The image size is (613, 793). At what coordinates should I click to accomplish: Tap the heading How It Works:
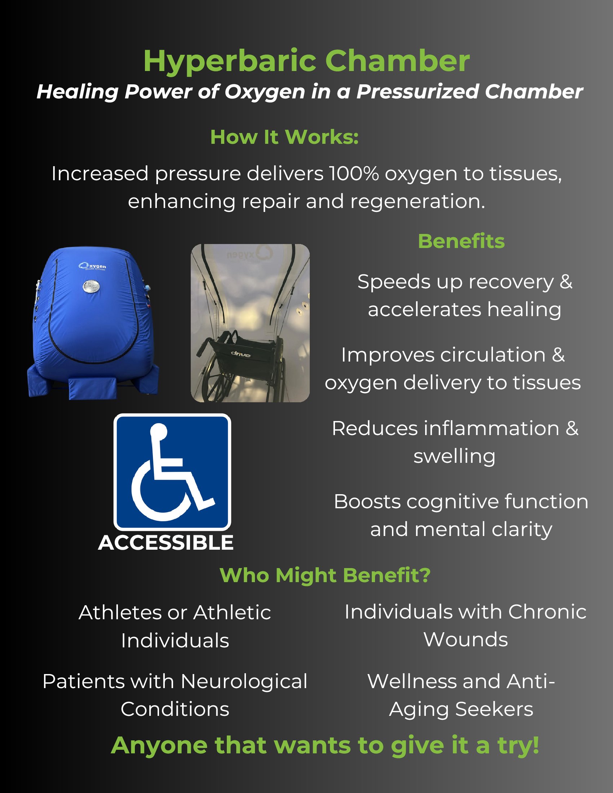pos(285,137)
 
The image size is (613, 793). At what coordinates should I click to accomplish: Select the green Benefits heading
pos(461,241)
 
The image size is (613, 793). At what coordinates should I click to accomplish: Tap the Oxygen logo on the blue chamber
pos(93,266)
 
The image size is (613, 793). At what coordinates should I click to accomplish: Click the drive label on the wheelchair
pos(241,354)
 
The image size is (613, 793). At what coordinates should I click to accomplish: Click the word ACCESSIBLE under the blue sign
pos(166,543)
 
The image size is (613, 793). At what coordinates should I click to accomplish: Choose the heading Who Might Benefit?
pos(325,576)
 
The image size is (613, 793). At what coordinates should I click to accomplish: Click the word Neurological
pos(244,682)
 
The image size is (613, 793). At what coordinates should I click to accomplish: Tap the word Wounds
pos(466,639)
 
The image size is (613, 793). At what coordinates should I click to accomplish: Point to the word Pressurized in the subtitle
pos(418,92)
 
